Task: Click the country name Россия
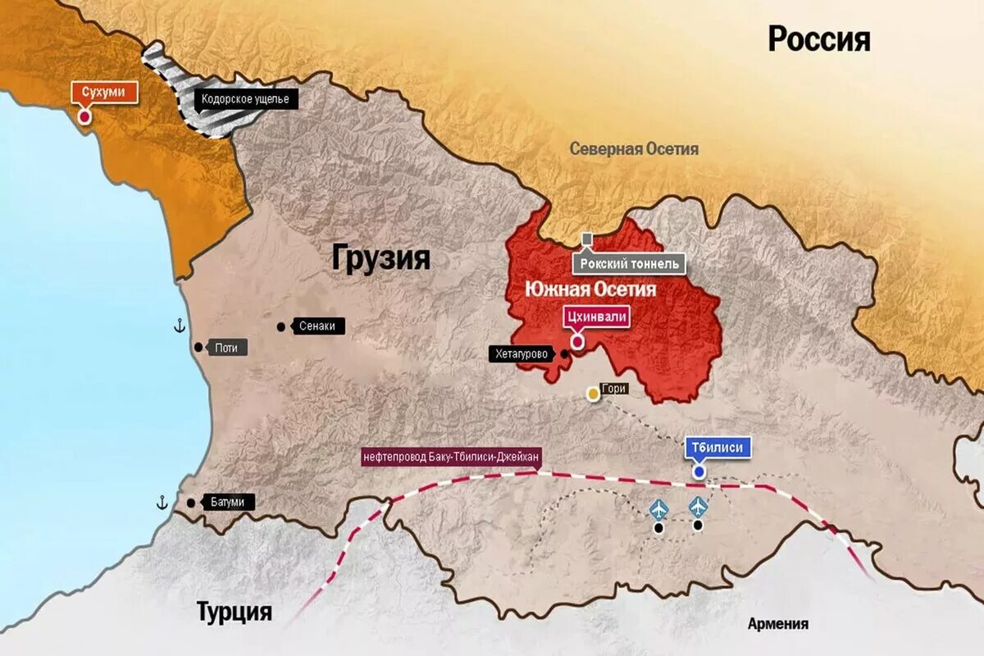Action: click(x=818, y=39)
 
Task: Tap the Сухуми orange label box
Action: click(x=103, y=92)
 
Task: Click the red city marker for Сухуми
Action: click(x=84, y=116)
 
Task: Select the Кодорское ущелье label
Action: click(x=245, y=100)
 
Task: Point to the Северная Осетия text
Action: click(x=634, y=148)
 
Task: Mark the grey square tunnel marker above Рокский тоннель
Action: click(x=587, y=239)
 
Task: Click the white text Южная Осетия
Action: click(x=590, y=289)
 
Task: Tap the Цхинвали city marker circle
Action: click(x=577, y=340)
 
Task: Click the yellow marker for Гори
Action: click(x=593, y=394)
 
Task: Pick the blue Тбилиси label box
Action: click(x=717, y=448)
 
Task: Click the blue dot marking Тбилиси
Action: click(x=699, y=471)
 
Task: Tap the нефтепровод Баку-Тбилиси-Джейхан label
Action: click(x=452, y=456)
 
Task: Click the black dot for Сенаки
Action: click(x=281, y=326)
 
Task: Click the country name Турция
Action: click(x=234, y=612)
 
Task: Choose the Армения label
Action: click(x=777, y=624)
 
